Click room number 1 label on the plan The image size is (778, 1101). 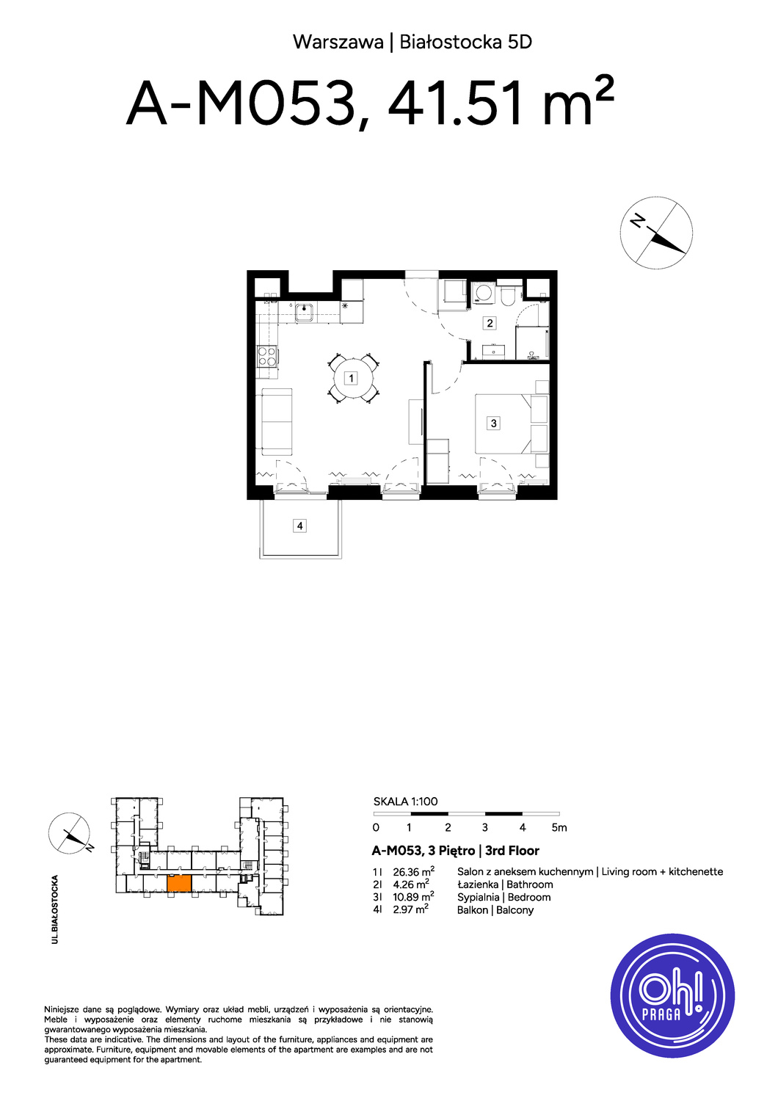coord(350,379)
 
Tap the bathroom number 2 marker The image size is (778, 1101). coord(490,323)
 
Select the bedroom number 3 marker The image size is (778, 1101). coord(493,423)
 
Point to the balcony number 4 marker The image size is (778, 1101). coord(299,526)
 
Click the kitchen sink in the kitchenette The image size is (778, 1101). coord(306,312)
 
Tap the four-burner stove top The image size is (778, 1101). coord(267,357)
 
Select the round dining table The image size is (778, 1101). coord(353,379)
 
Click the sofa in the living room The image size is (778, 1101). coord(277,422)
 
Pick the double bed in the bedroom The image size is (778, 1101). coord(504,424)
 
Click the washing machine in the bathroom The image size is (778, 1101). coord(483,294)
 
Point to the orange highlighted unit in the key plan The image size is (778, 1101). coord(179,883)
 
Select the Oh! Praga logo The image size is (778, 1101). coord(672,995)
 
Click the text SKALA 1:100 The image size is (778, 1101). coord(405,802)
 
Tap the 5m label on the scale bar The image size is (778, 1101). coord(559,828)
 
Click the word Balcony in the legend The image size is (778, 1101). coord(515,910)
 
